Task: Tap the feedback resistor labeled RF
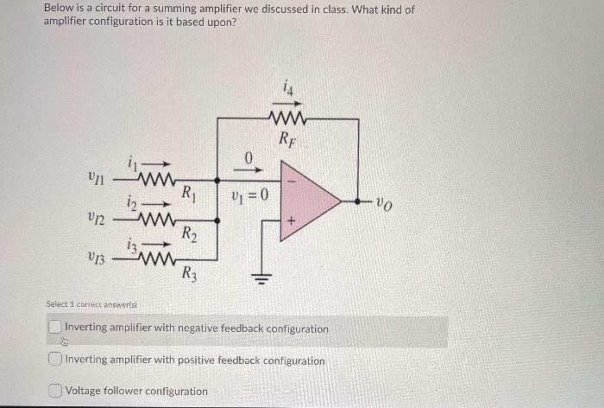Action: pos(286,118)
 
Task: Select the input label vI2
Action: pos(97,219)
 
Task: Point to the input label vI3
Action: pos(97,257)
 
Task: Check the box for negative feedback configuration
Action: pos(55,328)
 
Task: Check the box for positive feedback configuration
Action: pos(55,360)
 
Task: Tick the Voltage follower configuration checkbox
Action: pos(55,391)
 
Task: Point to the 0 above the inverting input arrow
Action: pos(248,157)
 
